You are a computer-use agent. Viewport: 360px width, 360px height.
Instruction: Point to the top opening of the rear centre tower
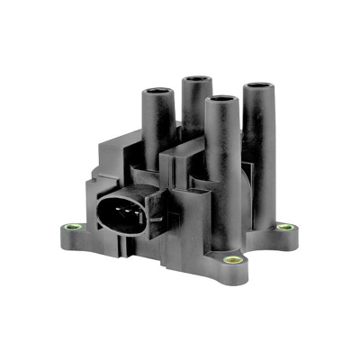point(195,80)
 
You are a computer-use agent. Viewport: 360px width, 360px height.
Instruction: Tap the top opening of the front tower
point(217,99)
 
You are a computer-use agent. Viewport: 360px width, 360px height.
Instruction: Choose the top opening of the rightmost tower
point(261,87)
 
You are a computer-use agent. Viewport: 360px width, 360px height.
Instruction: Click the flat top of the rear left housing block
point(117,144)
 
